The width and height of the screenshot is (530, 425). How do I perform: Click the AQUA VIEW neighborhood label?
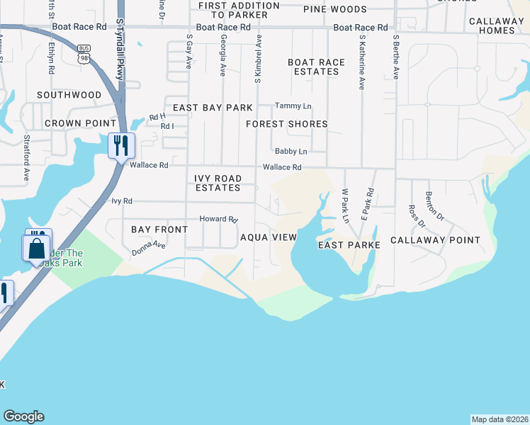267,237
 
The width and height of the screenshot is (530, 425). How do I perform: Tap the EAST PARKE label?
349,245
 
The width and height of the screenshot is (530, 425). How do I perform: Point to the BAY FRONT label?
159,229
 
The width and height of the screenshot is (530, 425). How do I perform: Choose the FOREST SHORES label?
287,124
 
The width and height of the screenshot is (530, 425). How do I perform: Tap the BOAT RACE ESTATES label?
316,67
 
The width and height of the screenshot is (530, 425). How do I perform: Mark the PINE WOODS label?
334,10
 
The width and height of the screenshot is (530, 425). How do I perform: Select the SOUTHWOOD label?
69,95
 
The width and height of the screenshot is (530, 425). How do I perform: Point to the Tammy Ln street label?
293,106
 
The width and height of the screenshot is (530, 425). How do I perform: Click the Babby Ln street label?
291,152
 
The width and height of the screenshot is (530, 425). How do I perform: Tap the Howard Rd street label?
218,220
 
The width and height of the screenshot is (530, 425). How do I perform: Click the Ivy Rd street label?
122,201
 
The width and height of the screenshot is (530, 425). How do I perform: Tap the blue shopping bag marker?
35,249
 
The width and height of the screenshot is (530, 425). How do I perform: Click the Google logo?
23,416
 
